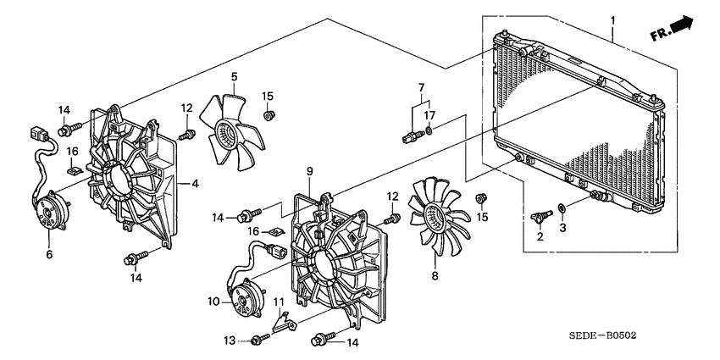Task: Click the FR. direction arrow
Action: (x=672, y=29)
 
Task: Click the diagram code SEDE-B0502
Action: (x=601, y=336)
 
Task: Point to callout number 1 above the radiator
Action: (x=612, y=20)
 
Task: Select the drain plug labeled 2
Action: (x=540, y=216)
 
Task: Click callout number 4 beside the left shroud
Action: (x=195, y=184)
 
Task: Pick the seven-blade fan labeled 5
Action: (x=232, y=131)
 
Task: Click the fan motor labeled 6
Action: (x=50, y=212)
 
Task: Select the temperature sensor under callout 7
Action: (x=413, y=136)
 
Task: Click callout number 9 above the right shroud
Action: (x=310, y=172)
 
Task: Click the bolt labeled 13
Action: (x=260, y=340)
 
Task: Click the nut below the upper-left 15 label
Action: (x=269, y=115)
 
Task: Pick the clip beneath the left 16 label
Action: (x=74, y=170)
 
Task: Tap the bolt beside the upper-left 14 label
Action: (x=69, y=129)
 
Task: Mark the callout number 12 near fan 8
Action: (x=392, y=196)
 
